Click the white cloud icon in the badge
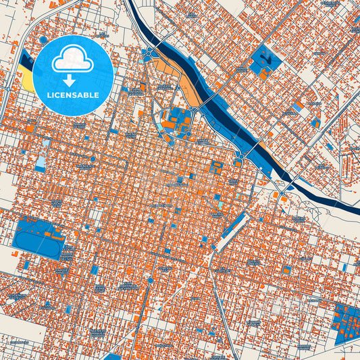click(x=73, y=59)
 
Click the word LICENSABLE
click(x=73, y=95)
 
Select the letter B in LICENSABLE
click(x=88, y=95)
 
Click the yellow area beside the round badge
click(x=29, y=82)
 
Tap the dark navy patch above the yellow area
click(x=26, y=60)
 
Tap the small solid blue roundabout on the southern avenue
click(x=150, y=279)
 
